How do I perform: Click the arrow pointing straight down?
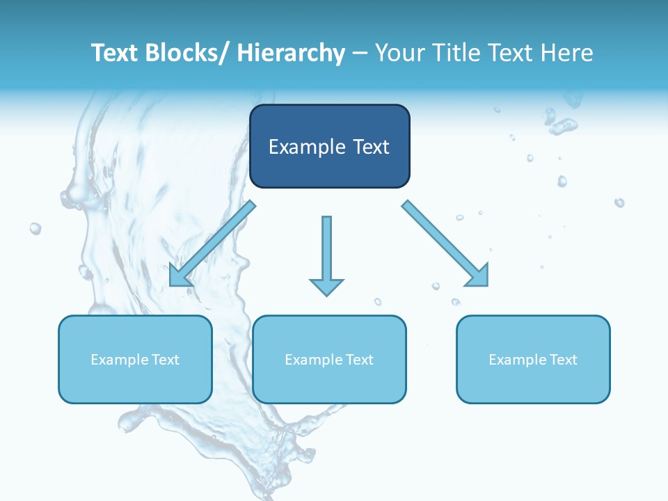click(x=326, y=254)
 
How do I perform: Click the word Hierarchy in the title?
click(x=291, y=53)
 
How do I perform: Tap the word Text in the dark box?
click(x=371, y=147)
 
